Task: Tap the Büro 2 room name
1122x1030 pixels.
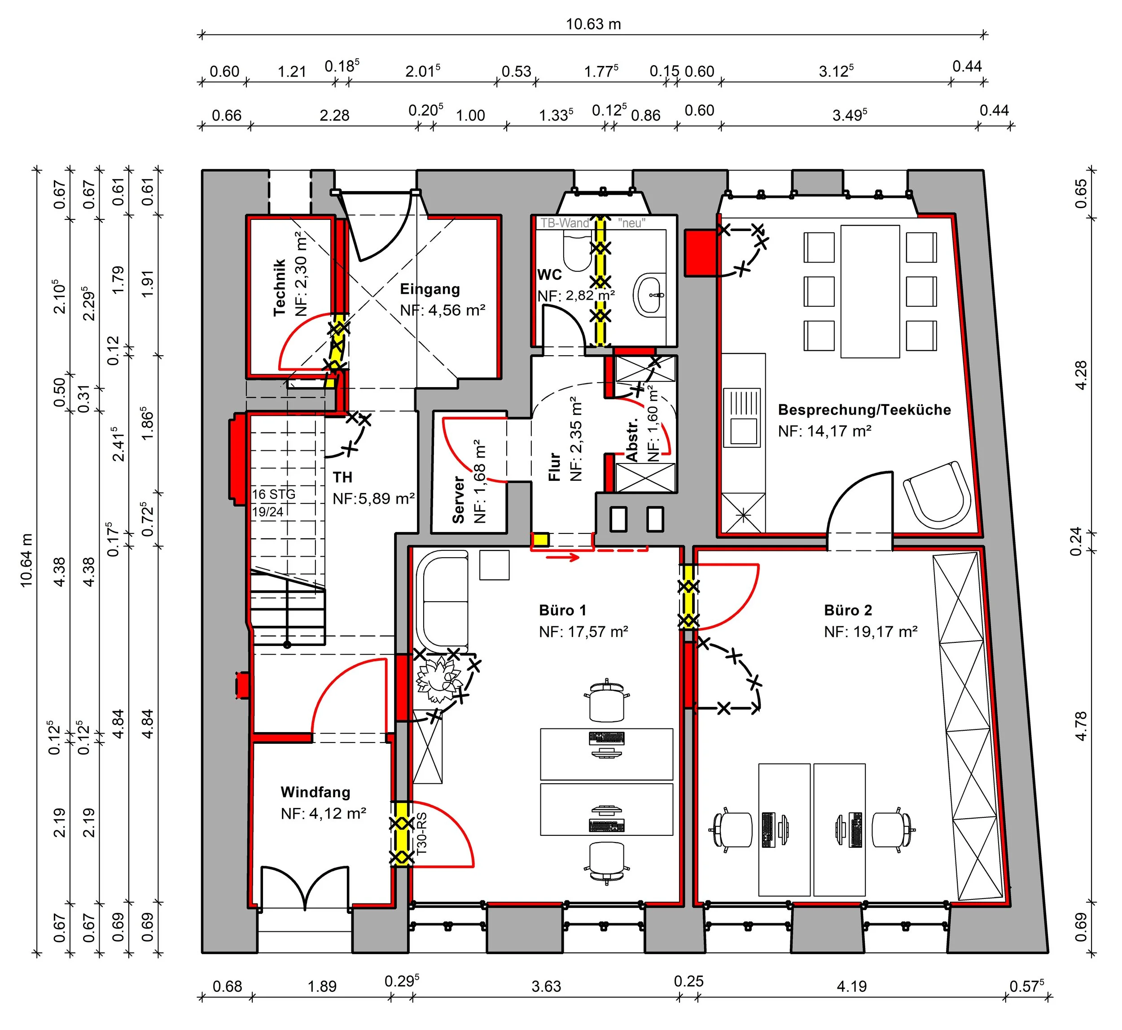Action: [x=848, y=610]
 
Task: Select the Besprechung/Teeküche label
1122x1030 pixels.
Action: [x=864, y=410]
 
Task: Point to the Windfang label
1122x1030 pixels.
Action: [x=316, y=792]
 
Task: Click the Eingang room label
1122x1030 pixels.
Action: [x=430, y=289]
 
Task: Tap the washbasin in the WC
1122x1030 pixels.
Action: [x=650, y=294]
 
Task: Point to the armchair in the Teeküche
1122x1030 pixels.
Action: [x=937, y=495]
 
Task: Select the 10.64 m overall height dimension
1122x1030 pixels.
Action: [x=26, y=561]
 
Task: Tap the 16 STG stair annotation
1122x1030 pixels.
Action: [x=273, y=494]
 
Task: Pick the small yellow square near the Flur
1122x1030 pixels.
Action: [x=540, y=540]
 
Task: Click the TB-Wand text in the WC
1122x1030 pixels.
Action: [x=564, y=223]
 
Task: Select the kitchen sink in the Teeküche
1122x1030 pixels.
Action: [x=742, y=418]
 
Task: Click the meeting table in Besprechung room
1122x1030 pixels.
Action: [x=870, y=291]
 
